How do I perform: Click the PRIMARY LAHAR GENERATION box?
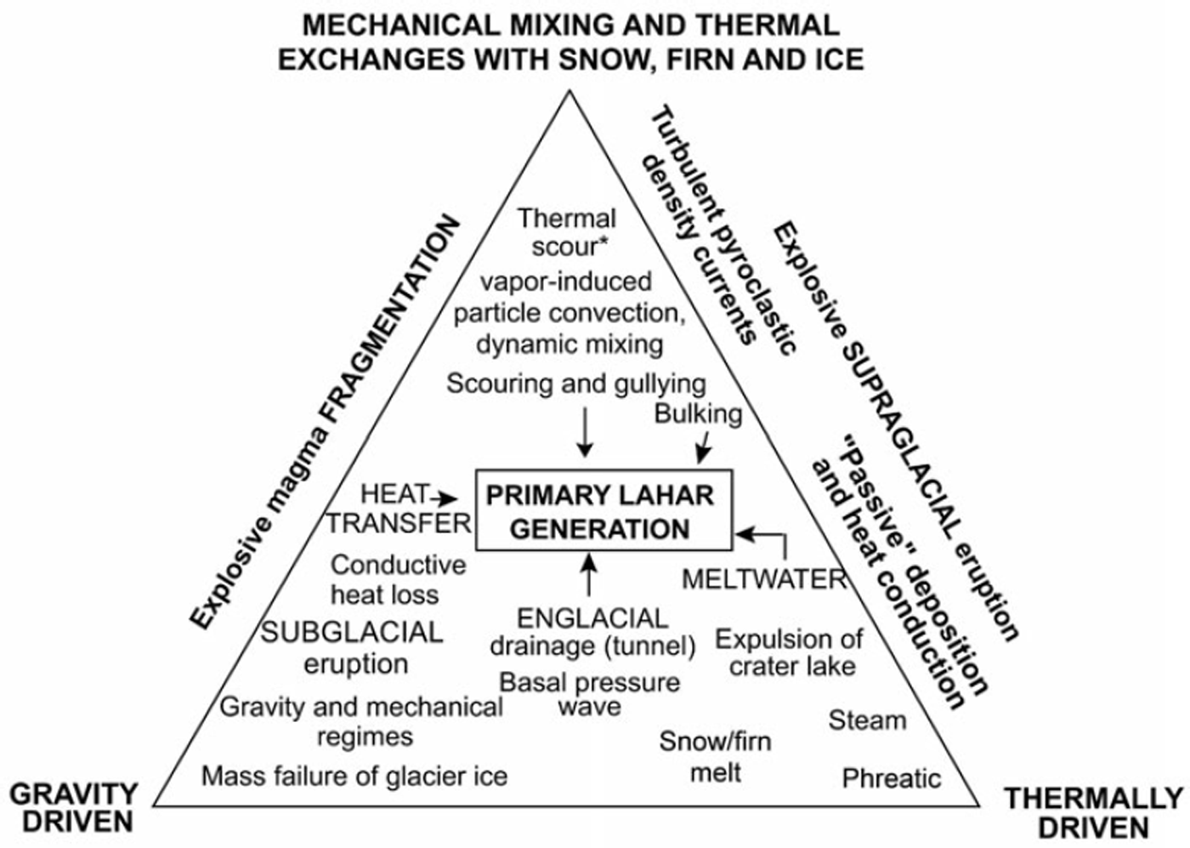tap(603, 511)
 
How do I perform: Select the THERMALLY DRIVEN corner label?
tap(1093, 812)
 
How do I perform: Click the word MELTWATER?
tap(764, 579)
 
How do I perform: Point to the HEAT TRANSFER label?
tap(398, 509)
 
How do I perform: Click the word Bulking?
tap(698, 414)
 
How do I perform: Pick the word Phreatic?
tap(891, 778)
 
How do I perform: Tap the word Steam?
tap(867, 720)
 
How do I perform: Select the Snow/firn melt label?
tap(715, 756)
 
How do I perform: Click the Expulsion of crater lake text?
tap(790, 652)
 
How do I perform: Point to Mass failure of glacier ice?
tap(354, 776)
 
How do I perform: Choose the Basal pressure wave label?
tap(589, 694)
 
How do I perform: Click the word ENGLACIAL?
tap(592, 618)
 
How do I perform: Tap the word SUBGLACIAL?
tap(352, 632)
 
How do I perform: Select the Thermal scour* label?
tap(566, 232)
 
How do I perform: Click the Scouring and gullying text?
tap(575, 384)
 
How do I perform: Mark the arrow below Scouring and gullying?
tap(584, 431)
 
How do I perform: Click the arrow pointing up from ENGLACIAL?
tap(589, 573)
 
